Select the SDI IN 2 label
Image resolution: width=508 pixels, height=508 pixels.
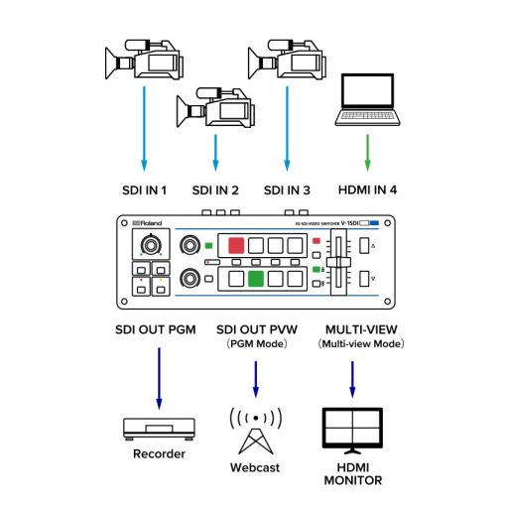click(x=215, y=190)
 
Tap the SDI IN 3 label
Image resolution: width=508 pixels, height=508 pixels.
click(x=287, y=190)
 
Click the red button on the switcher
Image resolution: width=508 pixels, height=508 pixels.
click(x=236, y=245)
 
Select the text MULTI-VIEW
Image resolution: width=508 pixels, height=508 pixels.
click(x=352, y=327)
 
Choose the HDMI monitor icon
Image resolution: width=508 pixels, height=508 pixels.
click(x=352, y=429)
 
